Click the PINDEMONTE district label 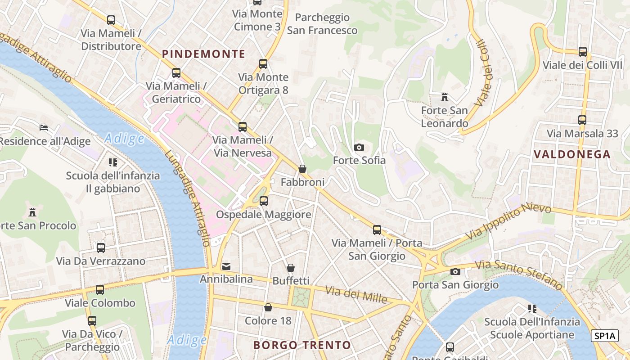(203, 54)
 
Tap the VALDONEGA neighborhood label (572, 154)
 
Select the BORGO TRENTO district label (302, 345)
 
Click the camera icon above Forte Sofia (359, 147)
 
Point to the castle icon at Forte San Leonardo (445, 97)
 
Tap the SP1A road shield (605, 336)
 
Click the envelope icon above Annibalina (226, 266)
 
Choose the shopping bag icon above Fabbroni (302, 169)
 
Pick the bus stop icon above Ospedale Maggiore (264, 201)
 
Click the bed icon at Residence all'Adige (44, 128)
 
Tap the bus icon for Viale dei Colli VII (583, 52)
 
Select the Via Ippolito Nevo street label (508, 222)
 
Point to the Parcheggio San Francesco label (322, 24)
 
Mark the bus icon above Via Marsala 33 (582, 120)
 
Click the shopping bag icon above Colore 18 (268, 307)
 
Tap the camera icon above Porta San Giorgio (455, 271)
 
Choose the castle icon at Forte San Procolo (32, 212)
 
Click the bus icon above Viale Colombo (100, 290)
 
